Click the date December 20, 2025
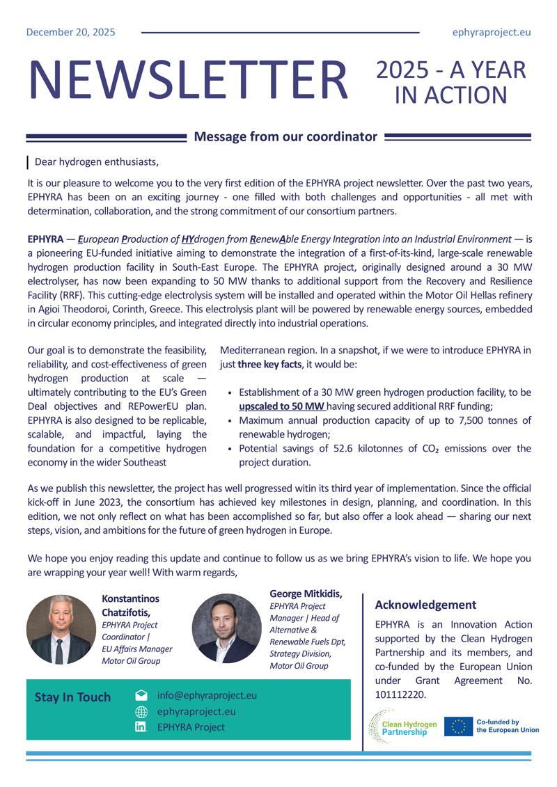click(x=71, y=32)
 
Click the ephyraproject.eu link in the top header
click(x=492, y=32)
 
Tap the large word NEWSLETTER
click(x=188, y=79)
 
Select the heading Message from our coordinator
click(x=285, y=137)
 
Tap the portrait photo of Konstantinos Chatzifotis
click(x=61, y=629)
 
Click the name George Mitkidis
click(x=306, y=594)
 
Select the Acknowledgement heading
click(x=425, y=605)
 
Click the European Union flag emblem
click(x=458, y=726)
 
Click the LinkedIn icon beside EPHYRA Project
click(x=141, y=727)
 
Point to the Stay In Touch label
click(x=72, y=697)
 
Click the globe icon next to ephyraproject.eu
click(x=141, y=711)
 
